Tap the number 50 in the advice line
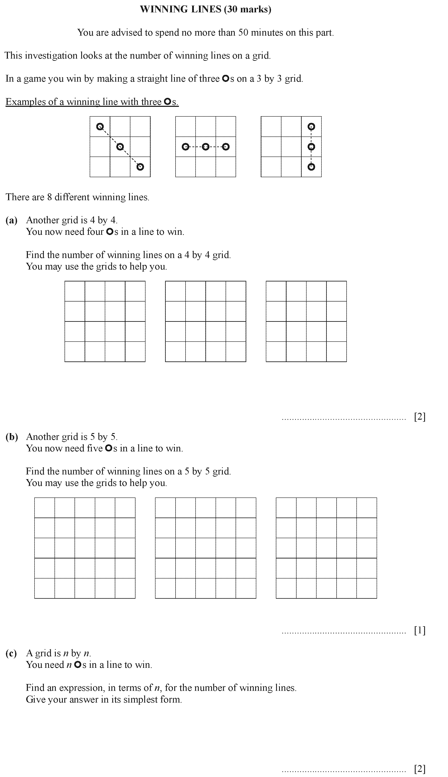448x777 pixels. pos(243,32)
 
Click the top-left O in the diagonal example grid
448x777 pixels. pos(100,126)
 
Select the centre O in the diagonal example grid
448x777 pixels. pos(120,146)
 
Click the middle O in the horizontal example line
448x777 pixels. pos(206,147)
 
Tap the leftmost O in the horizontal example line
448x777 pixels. pos(185,147)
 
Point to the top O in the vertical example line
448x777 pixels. pos(311,126)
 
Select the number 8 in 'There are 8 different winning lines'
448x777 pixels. pos(50,197)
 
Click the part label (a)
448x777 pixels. pos(11,220)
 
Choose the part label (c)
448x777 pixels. pos(11,653)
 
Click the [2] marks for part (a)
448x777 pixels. pos(420,417)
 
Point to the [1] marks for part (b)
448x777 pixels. pos(420,631)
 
